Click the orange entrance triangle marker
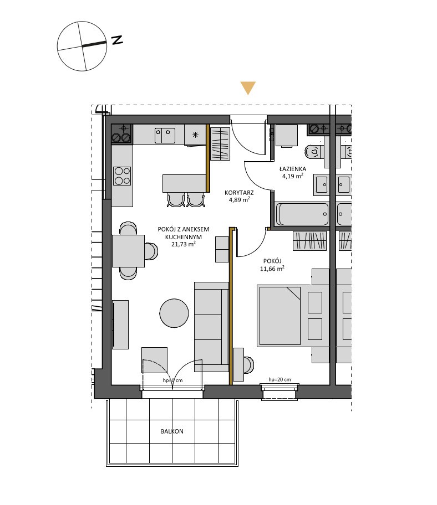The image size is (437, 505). click(x=248, y=87)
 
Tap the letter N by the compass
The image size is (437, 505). click(x=117, y=40)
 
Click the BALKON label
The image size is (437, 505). click(x=172, y=431)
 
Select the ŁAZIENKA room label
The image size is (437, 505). click(x=292, y=169)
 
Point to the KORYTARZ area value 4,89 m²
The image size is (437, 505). click(x=240, y=200)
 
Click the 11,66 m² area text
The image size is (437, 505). click(x=272, y=268)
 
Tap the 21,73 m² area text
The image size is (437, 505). click(x=183, y=244)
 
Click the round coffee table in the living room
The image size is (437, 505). click(x=174, y=313)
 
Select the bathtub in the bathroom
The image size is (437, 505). click(x=302, y=214)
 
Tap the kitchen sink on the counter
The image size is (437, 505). click(x=165, y=136)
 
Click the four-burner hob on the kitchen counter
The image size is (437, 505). click(x=122, y=176)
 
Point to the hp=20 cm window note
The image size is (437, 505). click(x=280, y=379)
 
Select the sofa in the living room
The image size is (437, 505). click(x=211, y=327)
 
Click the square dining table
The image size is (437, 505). click(x=128, y=251)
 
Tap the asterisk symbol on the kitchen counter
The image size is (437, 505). click(x=195, y=135)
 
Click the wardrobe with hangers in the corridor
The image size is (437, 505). click(x=220, y=144)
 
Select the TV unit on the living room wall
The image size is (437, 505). click(x=120, y=324)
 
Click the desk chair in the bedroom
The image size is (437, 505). click(x=248, y=365)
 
